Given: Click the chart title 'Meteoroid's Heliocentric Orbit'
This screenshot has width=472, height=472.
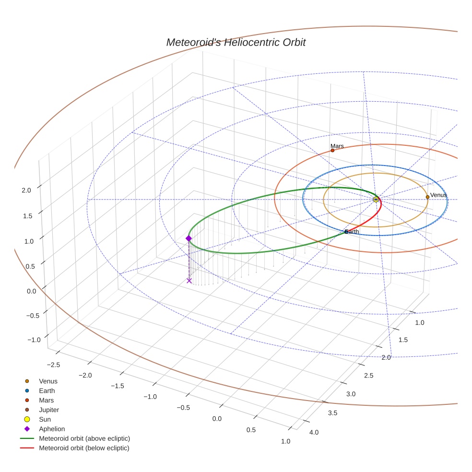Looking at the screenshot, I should click(236, 43).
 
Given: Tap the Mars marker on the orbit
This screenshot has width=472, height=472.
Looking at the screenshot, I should click(332, 151).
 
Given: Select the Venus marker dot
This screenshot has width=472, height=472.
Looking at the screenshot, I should click(427, 197).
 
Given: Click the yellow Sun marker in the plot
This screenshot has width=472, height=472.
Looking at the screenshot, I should click(376, 199).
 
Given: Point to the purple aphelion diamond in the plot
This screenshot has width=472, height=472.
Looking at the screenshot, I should click(189, 238).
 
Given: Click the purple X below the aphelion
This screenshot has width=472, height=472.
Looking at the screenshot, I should click(189, 281).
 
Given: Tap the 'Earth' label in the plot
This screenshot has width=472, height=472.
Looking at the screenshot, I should click(352, 232).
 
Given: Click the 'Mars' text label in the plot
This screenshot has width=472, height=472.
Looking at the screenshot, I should click(337, 146).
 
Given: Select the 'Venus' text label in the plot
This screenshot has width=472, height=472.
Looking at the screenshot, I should click(438, 195).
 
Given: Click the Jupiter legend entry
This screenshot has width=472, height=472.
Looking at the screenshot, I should click(49, 410).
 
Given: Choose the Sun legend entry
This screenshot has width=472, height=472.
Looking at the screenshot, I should click(45, 419).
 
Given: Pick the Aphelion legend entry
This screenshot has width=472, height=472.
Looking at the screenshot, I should click(52, 429).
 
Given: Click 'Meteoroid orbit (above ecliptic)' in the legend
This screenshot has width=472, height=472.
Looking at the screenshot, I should click(84, 438).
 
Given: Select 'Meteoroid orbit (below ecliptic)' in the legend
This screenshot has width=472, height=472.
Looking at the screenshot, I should click(84, 448).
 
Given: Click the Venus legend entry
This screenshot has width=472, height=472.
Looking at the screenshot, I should click(48, 381).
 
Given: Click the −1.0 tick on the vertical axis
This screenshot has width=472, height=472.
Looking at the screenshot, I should click(34, 340).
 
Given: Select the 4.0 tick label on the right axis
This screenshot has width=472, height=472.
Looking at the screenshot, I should click(314, 433).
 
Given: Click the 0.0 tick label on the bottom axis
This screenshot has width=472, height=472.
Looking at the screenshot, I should click(217, 419).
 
